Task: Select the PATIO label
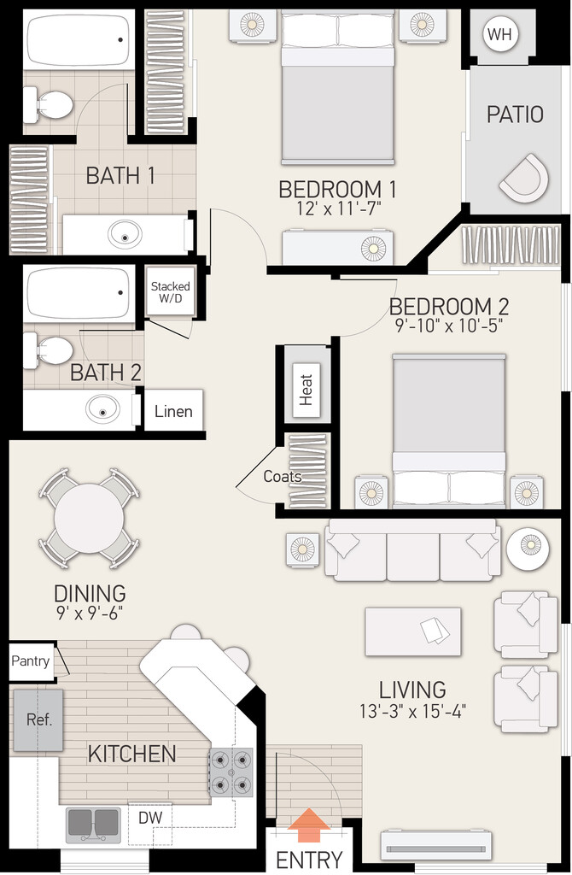coord(515,114)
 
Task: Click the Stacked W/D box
coord(170,292)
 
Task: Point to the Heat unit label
coord(306,389)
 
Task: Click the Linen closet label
coord(173,411)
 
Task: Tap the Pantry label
coord(30,661)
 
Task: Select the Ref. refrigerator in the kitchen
coord(38,720)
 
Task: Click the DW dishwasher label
coord(150,818)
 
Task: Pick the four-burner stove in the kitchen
coord(231,772)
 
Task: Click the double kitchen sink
coord(93,825)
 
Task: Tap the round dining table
coord(89,519)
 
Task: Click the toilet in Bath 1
coord(48,104)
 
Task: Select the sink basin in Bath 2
coord(103,409)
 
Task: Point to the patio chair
coord(524,178)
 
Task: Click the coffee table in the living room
coord(413,631)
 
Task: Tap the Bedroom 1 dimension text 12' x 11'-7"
coord(338,208)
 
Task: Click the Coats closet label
coord(283,476)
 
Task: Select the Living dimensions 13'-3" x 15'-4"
coord(412,711)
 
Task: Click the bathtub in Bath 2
coord(79,293)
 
